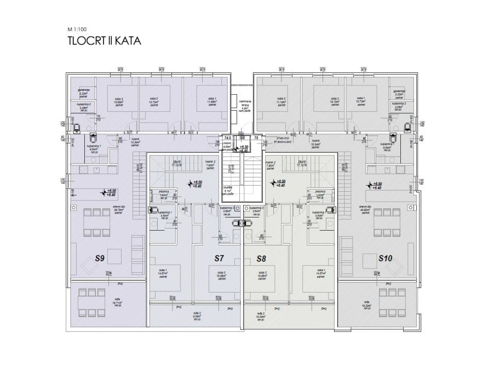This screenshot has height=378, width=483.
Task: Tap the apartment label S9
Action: tap(100, 258)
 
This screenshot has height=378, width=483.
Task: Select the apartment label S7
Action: tap(219, 258)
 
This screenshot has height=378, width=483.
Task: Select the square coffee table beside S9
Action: tap(114, 256)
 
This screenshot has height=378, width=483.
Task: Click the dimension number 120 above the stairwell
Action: tap(241, 139)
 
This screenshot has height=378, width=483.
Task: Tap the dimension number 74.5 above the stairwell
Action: tap(227, 139)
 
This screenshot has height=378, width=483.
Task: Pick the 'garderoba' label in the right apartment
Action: tap(398, 92)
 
